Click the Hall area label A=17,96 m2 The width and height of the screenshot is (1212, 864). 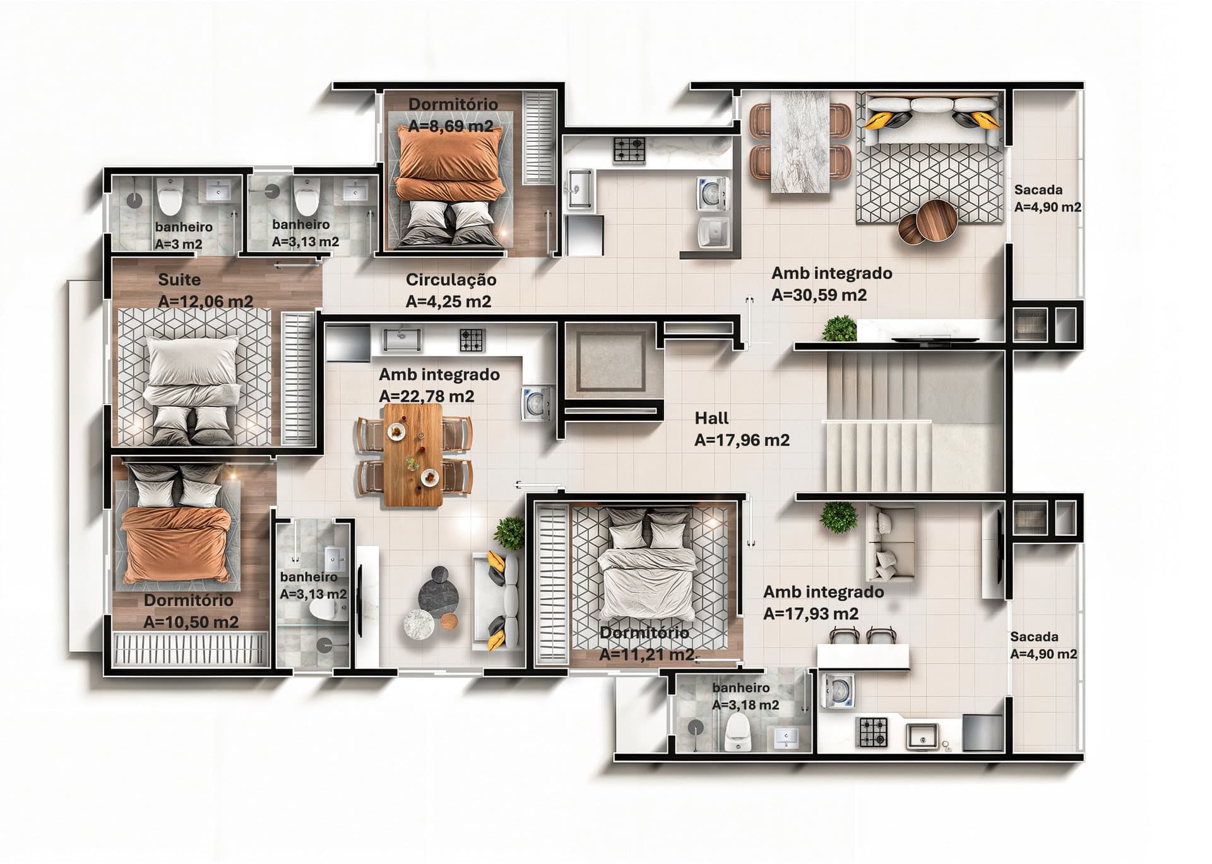click(x=742, y=440)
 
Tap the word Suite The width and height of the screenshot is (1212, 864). click(x=179, y=280)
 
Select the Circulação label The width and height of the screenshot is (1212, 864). click(x=451, y=280)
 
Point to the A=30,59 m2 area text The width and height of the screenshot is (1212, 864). click(x=819, y=295)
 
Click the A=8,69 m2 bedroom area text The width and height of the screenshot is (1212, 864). click(x=451, y=126)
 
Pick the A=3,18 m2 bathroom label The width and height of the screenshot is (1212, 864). click(x=746, y=705)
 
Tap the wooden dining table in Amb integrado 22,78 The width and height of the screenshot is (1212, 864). click(x=412, y=454)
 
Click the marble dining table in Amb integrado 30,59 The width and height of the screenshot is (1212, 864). click(x=800, y=141)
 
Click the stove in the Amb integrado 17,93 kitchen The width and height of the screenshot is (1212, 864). click(x=872, y=732)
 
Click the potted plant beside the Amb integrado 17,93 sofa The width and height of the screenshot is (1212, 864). click(x=839, y=518)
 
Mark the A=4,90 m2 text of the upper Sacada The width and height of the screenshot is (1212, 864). click(x=1047, y=207)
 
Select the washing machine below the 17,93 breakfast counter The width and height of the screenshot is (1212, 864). click(x=837, y=691)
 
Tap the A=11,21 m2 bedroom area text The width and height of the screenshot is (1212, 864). click(x=646, y=654)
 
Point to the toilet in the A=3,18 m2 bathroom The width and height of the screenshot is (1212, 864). click(x=737, y=733)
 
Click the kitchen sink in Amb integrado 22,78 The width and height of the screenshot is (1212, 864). click(x=401, y=340)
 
